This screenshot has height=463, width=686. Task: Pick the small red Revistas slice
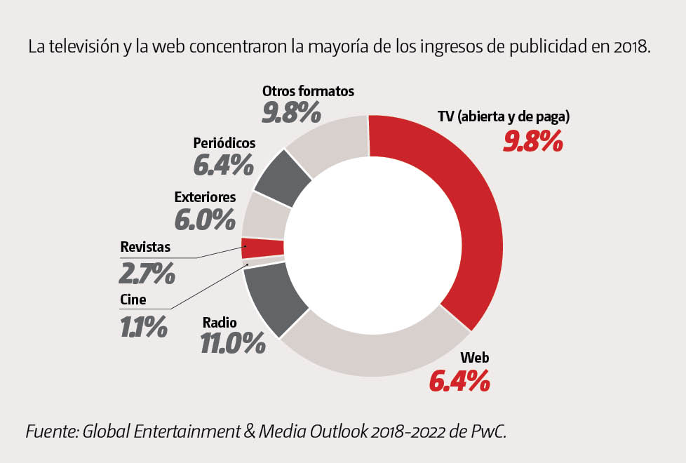coord(262,248)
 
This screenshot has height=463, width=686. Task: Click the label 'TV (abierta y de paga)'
coord(503,117)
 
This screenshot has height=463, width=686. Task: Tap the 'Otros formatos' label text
coord(308,91)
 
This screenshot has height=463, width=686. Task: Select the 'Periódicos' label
coord(224,143)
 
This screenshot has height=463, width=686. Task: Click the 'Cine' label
coord(133,300)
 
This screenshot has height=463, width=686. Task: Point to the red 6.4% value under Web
coord(458,382)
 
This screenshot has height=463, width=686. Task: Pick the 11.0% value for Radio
coord(233,344)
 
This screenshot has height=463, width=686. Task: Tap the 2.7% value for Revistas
coord(147,273)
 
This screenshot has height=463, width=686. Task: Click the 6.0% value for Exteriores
coord(205,220)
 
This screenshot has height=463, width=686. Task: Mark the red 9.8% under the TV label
coord(533,141)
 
